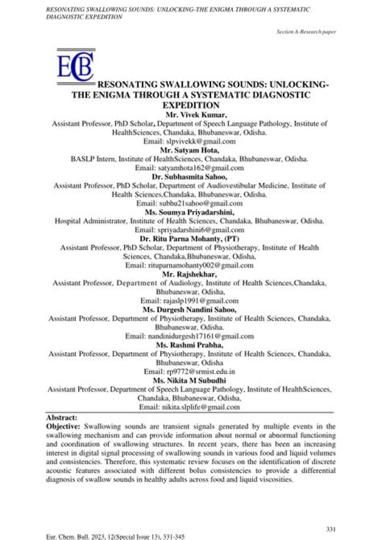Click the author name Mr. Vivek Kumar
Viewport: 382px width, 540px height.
190,114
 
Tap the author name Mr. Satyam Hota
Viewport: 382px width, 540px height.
190,150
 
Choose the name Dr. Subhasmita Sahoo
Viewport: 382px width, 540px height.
190,177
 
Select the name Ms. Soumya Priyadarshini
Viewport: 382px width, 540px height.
190,212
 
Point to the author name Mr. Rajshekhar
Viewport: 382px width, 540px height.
190,274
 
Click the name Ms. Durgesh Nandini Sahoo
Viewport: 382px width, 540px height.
190,309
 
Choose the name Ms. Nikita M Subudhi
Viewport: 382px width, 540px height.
190,380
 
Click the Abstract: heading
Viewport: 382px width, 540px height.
62,417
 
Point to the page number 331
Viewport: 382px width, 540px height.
329,528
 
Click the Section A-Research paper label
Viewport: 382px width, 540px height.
306,32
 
